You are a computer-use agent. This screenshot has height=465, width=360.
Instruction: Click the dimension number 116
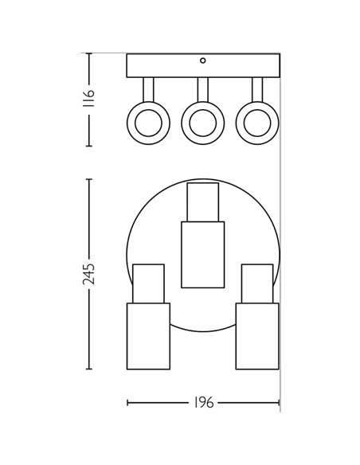[x=88, y=98]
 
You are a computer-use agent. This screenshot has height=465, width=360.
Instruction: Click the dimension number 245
[x=88, y=274]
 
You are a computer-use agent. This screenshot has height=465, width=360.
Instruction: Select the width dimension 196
[x=203, y=403]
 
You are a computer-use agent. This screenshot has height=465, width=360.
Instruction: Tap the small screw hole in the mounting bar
[x=203, y=61]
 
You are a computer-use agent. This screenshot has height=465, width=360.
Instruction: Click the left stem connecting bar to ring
[x=148, y=90]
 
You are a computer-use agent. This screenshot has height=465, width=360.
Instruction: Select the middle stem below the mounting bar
[x=203, y=90]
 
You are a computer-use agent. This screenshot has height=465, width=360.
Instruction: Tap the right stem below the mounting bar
[x=257, y=90]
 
